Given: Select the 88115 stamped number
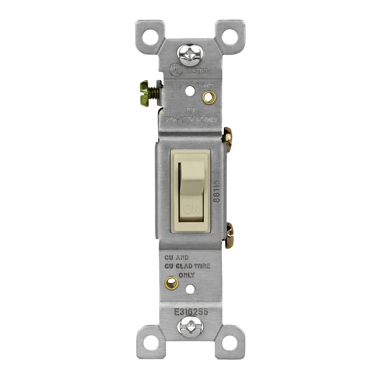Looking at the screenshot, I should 217,191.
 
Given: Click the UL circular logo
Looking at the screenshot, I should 176,70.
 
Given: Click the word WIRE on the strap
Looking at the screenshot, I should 201,266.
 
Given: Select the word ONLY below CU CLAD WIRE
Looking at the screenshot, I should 187,275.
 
